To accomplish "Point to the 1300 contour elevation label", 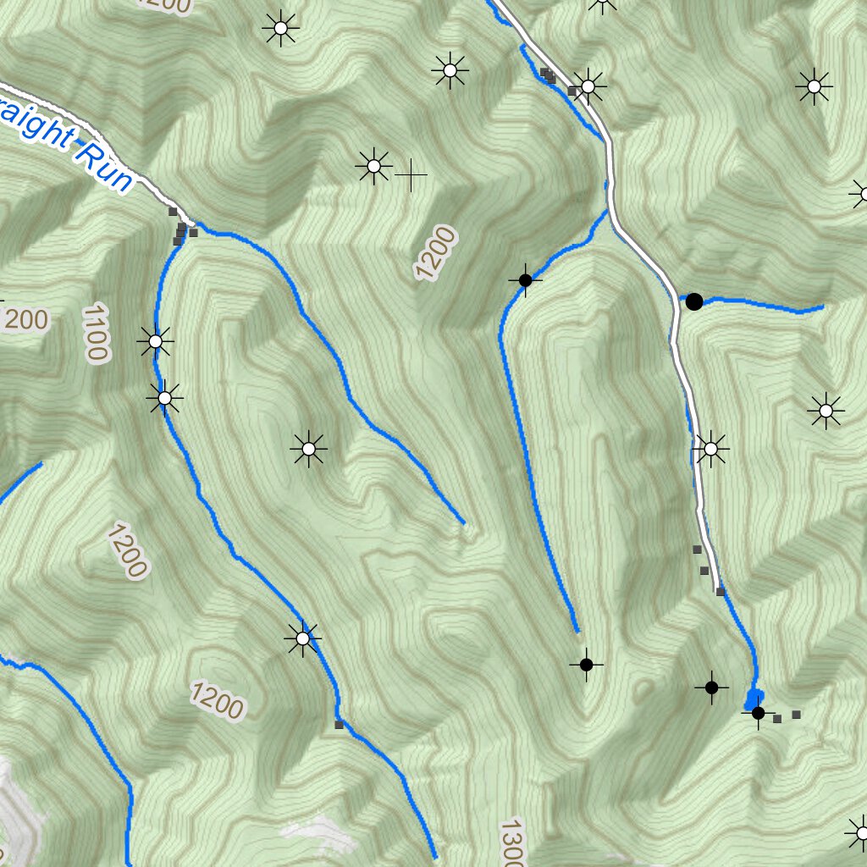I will (511, 843).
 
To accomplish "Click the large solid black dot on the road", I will (694, 301).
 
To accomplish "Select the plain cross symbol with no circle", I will (411, 175).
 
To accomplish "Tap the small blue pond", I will (751, 699).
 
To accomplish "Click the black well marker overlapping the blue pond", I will (758, 713).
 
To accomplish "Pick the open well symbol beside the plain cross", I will (373, 166).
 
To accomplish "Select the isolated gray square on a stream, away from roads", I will (339, 725).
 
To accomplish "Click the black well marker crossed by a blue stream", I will (525, 279).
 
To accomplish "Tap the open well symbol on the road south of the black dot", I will (710, 449).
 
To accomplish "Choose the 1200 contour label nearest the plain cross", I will (435, 253).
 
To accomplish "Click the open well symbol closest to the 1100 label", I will (156, 342).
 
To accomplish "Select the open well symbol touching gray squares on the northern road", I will (588, 86).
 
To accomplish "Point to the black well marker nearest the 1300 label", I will (586, 665).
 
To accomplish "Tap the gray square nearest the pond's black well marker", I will (777, 719).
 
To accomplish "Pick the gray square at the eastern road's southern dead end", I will (721, 591).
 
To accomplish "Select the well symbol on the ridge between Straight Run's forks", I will (309, 449).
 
